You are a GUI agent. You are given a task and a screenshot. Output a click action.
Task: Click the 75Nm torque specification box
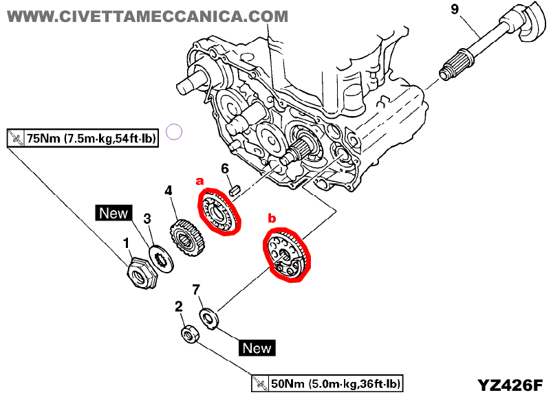tap(83, 138)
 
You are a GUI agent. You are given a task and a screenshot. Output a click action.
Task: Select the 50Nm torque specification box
tap(327, 383)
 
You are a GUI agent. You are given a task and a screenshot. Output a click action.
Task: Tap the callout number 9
tap(453, 9)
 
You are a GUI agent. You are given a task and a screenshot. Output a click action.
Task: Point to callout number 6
tap(224, 168)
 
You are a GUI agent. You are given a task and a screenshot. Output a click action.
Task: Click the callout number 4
tap(169, 190)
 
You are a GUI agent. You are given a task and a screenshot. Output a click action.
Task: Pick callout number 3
tap(147, 219)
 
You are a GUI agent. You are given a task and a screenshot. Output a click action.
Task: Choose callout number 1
tap(125, 242)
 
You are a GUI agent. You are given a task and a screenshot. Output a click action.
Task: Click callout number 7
tap(197, 291)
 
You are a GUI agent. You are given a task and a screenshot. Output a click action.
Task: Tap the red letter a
tap(200, 181)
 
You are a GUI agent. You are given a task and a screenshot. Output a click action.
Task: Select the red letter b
tap(271, 218)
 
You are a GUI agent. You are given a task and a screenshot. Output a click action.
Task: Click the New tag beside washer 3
tap(113, 213)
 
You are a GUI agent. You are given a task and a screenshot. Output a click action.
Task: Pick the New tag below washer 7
tap(257, 348)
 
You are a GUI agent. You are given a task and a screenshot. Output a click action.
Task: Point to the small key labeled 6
tap(233, 187)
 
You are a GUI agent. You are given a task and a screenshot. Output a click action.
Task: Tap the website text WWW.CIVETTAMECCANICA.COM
tap(148, 15)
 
